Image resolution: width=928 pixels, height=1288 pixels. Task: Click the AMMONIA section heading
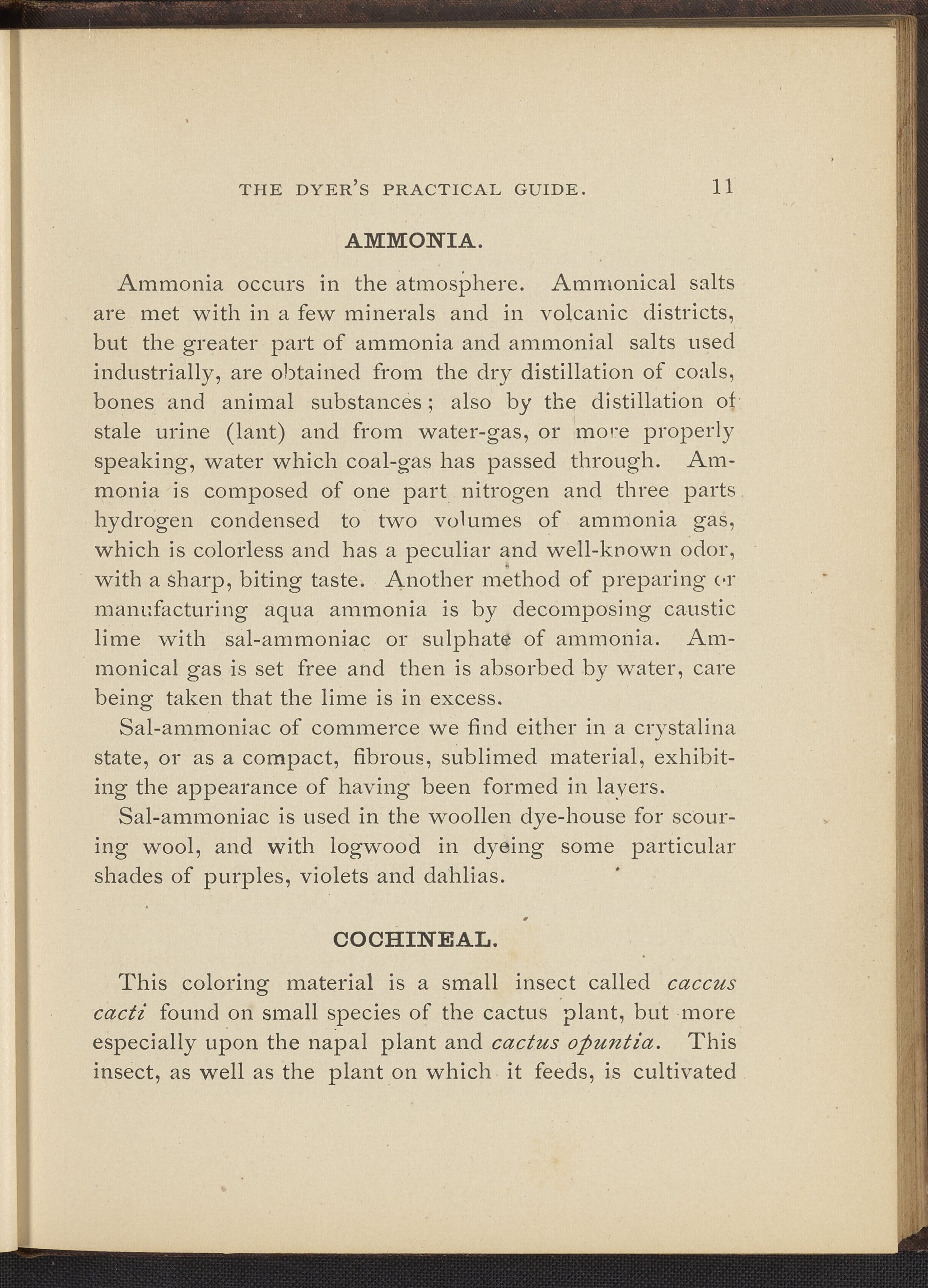pyautogui.click(x=414, y=242)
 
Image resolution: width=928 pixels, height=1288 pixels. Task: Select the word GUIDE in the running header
pyautogui.click(x=549, y=189)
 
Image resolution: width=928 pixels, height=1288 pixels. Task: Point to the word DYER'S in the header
pyautogui.click(x=332, y=189)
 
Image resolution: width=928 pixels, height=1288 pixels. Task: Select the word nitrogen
pyautogui.click(x=505, y=491)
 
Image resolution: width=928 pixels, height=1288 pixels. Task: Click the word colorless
pyautogui.click(x=261, y=550)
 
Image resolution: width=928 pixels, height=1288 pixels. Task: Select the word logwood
pyautogui.click(x=375, y=847)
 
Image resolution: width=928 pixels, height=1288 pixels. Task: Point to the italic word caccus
pyautogui.click(x=701, y=983)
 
